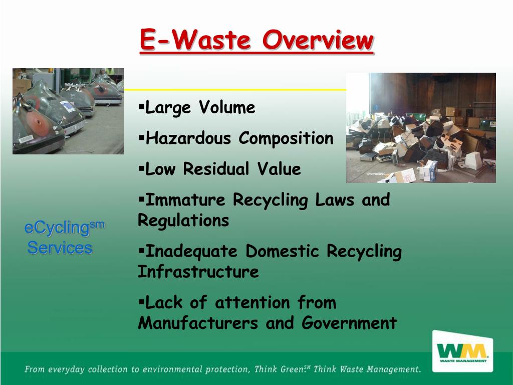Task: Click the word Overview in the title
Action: [x=318, y=40]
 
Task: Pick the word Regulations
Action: [x=183, y=221]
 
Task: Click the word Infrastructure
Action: [x=198, y=272]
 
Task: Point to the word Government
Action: [x=349, y=323]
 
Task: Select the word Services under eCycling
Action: [x=60, y=248]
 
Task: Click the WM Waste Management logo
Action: [x=462, y=350]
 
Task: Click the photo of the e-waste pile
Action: [x=421, y=128]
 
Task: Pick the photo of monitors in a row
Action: [x=68, y=111]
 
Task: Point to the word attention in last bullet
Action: [x=252, y=303]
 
